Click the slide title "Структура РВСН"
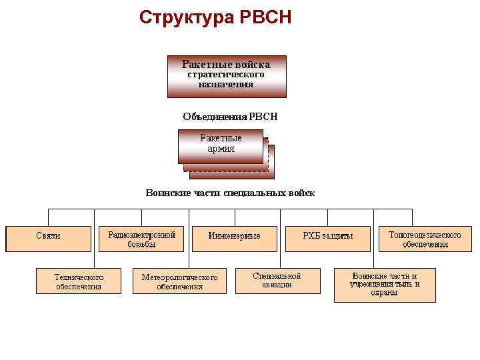click(215, 17)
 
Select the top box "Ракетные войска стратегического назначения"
click(227, 76)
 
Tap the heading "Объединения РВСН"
click(230, 117)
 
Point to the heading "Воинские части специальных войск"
click(230, 193)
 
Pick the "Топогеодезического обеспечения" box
click(425, 239)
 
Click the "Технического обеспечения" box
click(79, 281)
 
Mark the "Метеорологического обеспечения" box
click(179, 281)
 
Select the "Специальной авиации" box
click(277, 280)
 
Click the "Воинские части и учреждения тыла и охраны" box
click(385, 285)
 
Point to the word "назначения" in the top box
click(226, 85)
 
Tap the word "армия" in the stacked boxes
click(221, 149)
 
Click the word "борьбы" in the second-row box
click(141, 244)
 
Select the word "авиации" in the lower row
click(277, 285)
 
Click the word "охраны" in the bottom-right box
click(385, 293)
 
